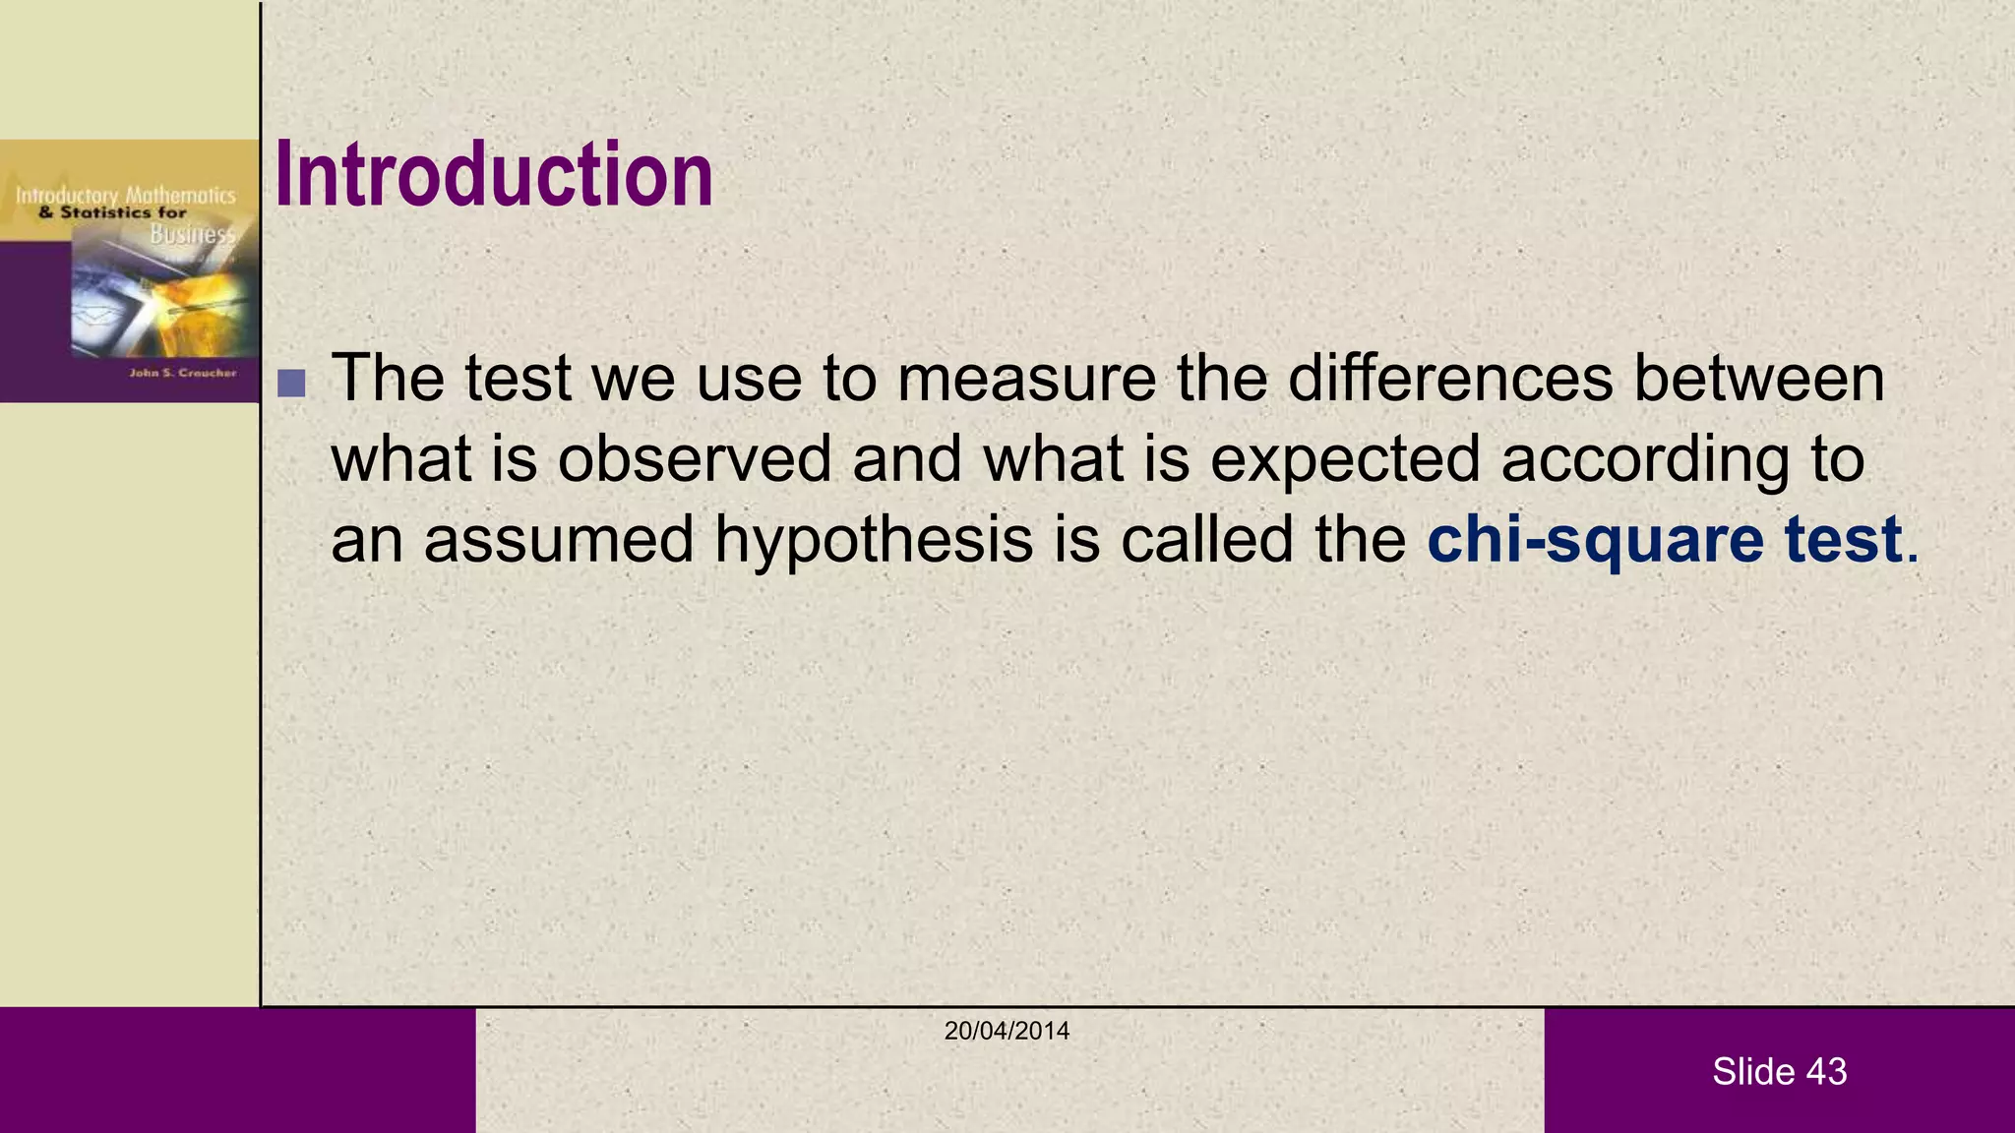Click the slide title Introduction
click(x=494, y=175)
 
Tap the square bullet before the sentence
click(x=291, y=383)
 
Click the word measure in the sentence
click(x=1027, y=378)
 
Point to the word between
click(x=1759, y=378)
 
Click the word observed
click(x=695, y=458)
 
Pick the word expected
click(x=1345, y=460)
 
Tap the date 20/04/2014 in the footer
click(x=1007, y=1031)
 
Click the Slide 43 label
click(x=1779, y=1071)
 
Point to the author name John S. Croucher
click(x=183, y=373)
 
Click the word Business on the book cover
click(x=193, y=234)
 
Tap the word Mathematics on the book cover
click(x=181, y=196)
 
